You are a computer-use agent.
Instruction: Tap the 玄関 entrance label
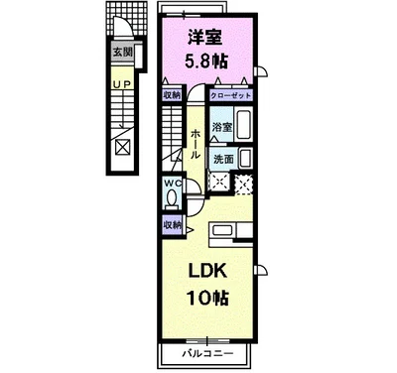(x=122, y=52)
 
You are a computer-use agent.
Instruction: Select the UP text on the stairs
(x=122, y=85)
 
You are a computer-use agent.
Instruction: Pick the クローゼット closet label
(x=230, y=96)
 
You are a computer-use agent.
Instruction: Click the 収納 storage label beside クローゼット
(x=172, y=96)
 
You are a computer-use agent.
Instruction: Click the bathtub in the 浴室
(x=246, y=126)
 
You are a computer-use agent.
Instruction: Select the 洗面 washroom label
(x=223, y=159)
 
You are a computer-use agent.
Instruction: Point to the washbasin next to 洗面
(x=246, y=157)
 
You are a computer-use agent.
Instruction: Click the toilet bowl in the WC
(x=172, y=199)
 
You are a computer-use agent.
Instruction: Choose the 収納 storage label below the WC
(x=172, y=225)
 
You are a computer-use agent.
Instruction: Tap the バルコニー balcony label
(x=206, y=354)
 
